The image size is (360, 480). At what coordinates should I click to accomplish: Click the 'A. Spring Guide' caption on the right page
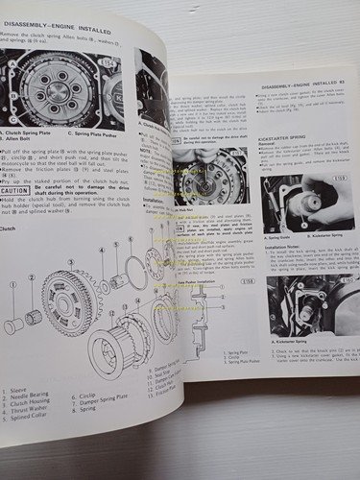pos(276,237)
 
